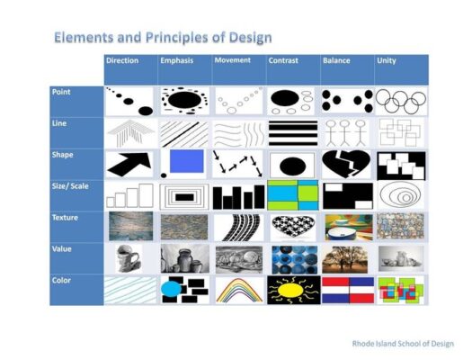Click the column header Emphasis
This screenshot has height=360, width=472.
point(177,60)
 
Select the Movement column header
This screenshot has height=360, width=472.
point(232,60)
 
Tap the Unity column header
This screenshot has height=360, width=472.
point(387,60)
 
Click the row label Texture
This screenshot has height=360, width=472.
point(65,218)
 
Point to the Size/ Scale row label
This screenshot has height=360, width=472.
point(70,186)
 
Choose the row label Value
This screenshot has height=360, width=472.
point(62,248)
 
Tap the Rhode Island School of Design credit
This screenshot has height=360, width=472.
point(403,344)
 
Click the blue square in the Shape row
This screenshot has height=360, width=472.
point(187,161)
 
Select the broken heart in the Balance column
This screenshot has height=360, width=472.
point(346,164)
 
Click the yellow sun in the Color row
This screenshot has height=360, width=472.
point(290,290)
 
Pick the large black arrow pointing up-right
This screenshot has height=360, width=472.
point(129,165)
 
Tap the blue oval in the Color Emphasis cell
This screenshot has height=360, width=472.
point(171,290)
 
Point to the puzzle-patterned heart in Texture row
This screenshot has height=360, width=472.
point(293,226)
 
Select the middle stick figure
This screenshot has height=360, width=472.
point(345,133)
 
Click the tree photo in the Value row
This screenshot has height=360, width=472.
point(344,259)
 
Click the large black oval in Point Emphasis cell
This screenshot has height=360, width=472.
point(184,100)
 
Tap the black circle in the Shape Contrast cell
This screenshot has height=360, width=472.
point(292,166)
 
